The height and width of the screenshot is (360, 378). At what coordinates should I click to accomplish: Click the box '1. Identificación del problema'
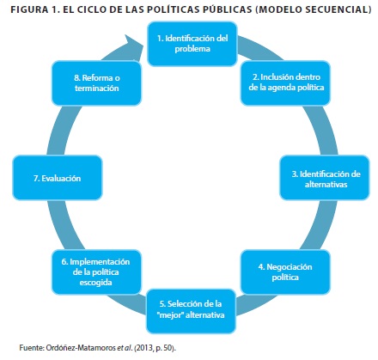coord(192,44)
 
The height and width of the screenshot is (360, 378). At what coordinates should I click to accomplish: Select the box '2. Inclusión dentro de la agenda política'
coord(285,83)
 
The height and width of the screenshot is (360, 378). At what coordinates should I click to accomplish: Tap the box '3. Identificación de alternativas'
coord(325,178)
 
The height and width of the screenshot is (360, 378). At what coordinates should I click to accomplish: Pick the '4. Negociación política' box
coord(285,272)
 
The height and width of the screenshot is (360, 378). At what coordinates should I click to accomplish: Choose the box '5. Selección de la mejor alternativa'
coord(191,311)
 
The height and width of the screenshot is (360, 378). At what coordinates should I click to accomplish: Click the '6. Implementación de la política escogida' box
coord(96,272)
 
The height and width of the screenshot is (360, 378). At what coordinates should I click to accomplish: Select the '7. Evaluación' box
coord(58,178)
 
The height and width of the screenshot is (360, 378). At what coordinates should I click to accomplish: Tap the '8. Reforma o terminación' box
coord(96,83)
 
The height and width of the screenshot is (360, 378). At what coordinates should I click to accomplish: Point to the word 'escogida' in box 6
coord(95,283)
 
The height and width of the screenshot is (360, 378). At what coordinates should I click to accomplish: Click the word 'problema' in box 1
coord(192,49)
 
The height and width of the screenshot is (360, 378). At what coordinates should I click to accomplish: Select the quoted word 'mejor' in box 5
coord(170,315)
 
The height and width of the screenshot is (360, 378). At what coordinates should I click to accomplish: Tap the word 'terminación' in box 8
coord(97,88)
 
